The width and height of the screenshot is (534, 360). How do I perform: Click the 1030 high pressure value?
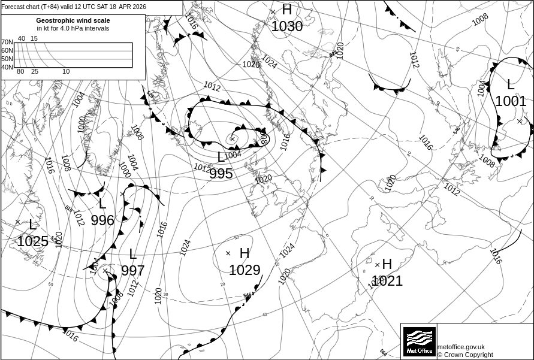click(x=287, y=26)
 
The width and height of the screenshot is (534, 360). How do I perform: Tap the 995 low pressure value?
click(x=221, y=174)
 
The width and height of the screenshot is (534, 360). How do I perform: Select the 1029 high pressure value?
click(x=245, y=270)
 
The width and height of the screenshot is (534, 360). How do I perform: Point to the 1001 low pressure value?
click(x=511, y=101)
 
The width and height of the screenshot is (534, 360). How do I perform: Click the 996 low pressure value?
click(x=102, y=220)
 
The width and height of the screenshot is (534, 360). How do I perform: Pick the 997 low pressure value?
click(x=133, y=270)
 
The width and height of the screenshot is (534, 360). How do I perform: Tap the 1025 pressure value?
click(x=32, y=241)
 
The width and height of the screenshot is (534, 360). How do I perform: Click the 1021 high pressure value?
click(x=387, y=280)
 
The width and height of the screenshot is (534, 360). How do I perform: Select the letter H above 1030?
click(x=287, y=10)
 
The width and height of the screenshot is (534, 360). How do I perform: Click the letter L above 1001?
click(x=511, y=84)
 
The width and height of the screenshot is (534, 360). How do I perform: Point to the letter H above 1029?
click(x=245, y=253)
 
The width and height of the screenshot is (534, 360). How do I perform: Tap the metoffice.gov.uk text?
click(x=461, y=347)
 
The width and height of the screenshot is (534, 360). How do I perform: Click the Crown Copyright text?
click(x=465, y=355)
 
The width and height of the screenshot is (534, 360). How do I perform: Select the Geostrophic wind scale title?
click(x=73, y=20)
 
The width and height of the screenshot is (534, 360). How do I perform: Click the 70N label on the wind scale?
click(x=7, y=43)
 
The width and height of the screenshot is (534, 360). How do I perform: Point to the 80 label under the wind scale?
click(x=20, y=72)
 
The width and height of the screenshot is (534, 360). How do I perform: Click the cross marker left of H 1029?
click(x=228, y=253)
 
